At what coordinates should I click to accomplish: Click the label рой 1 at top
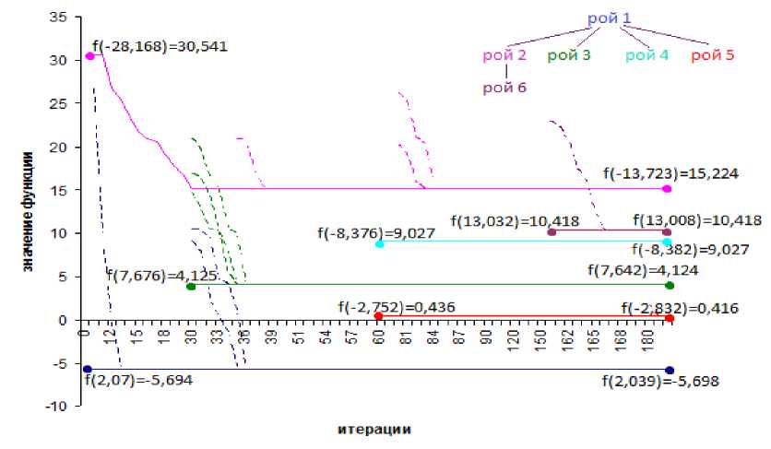click(x=610, y=18)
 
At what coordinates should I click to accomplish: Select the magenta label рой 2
click(x=504, y=55)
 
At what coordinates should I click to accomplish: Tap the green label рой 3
click(x=569, y=55)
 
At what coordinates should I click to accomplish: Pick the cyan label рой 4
click(x=646, y=55)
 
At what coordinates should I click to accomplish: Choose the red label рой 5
click(x=712, y=55)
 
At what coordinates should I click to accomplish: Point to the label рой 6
click(x=504, y=89)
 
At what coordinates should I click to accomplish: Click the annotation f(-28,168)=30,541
click(x=160, y=45)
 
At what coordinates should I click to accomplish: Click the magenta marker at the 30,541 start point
click(x=90, y=56)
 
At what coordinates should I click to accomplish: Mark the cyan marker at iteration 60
click(x=379, y=244)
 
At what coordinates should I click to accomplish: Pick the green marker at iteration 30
click(x=191, y=287)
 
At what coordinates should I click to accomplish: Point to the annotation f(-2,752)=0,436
click(x=396, y=307)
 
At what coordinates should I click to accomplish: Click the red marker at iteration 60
click(x=378, y=316)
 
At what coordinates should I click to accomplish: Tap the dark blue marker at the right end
click(x=669, y=370)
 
